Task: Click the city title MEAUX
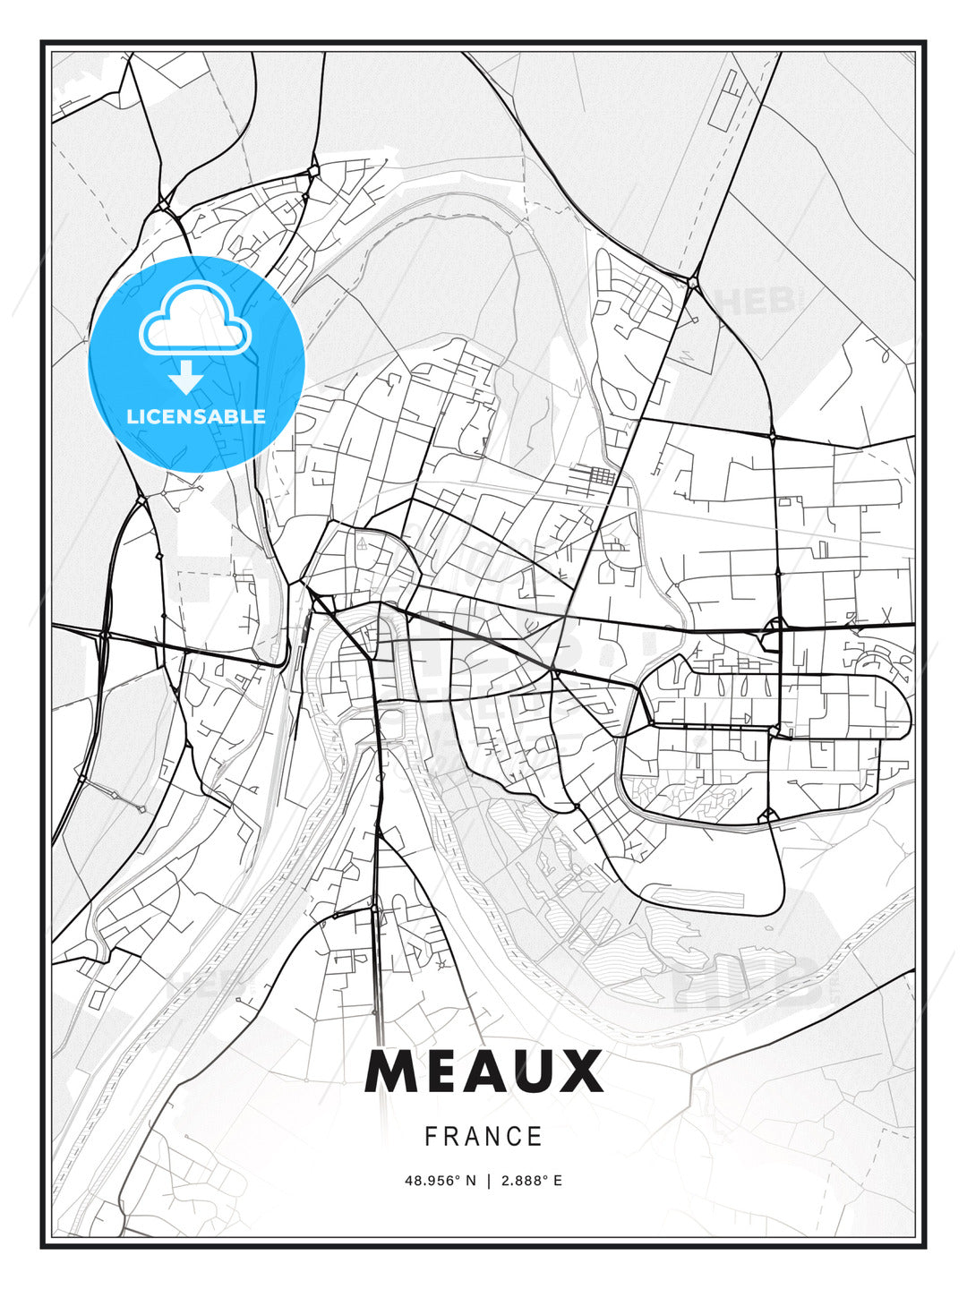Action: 483,1071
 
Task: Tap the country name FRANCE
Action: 483,1137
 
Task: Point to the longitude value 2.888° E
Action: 531,1181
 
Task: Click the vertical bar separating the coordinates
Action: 488,1181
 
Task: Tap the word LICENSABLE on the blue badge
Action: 196,416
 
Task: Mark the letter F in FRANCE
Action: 431,1137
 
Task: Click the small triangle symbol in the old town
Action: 362,543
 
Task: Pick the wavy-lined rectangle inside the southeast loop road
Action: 694,896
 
